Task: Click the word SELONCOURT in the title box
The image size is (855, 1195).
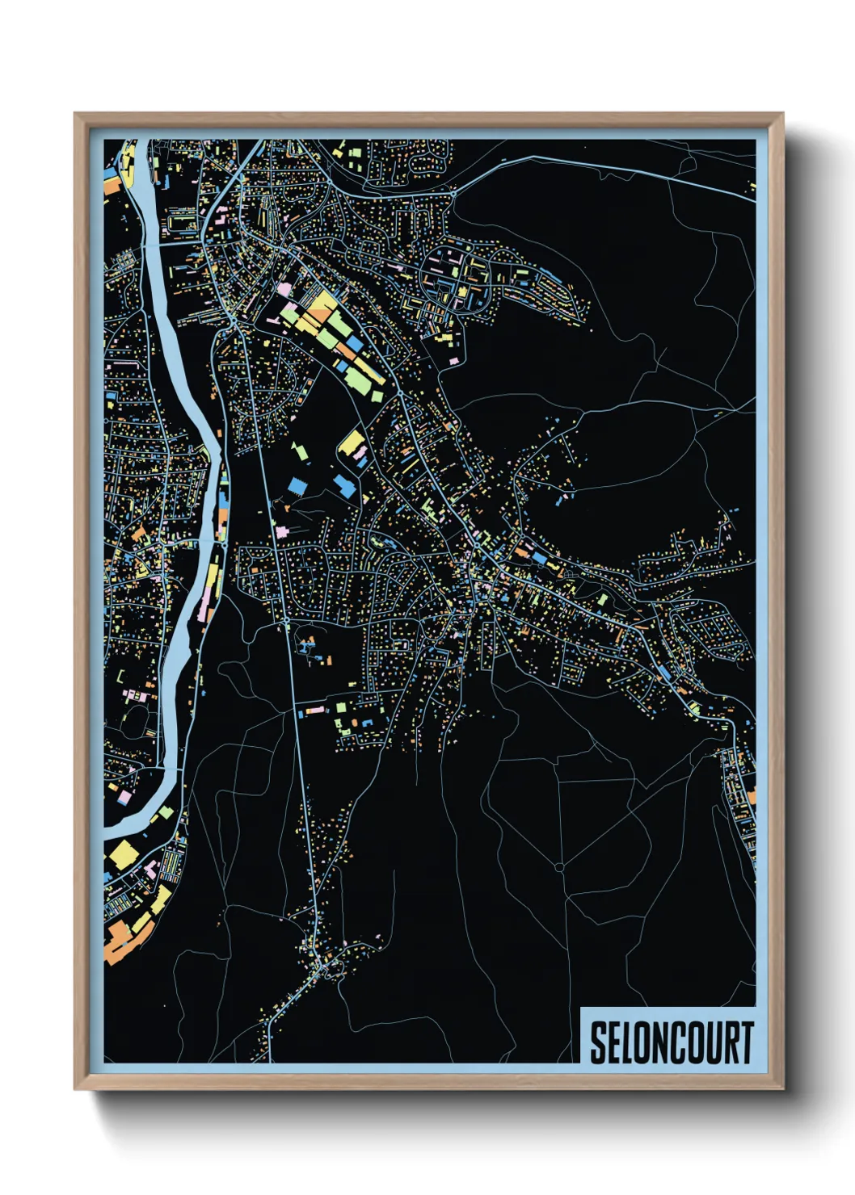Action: tap(671, 1042)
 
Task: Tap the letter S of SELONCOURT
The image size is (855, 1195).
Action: tap(599, 1042)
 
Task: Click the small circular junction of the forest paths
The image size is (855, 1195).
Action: tap(558, 867)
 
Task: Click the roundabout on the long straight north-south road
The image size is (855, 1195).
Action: tap(286, 621)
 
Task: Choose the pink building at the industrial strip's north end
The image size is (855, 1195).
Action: tap(284, 287)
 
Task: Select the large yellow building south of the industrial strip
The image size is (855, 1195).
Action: tap(352, 442)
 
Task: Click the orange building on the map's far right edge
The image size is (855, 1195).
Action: tap(751, 798)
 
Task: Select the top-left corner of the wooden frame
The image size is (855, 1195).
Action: tap(75, 114)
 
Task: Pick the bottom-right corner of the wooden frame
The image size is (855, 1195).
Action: tap(782, 1089)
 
